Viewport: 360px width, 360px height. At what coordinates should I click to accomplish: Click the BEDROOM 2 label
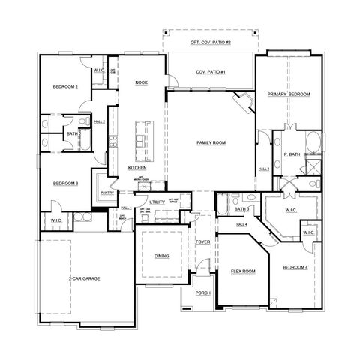point(65,87)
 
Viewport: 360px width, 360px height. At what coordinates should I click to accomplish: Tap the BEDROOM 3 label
point(65,183)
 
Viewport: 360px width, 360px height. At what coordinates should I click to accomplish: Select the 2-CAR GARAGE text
point(85,277)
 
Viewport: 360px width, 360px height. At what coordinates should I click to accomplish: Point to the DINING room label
point(161,256)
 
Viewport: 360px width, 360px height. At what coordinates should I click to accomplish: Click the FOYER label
point(202,242)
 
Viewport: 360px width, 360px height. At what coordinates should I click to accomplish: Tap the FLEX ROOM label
point(243,270)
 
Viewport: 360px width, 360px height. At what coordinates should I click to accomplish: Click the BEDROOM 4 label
point(295,268)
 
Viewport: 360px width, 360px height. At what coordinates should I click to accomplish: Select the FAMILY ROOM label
point(211,142)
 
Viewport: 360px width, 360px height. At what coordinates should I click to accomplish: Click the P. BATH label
point(292,154)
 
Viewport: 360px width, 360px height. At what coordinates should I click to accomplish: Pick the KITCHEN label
point(136,168)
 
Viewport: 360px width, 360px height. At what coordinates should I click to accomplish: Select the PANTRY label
point(107,192)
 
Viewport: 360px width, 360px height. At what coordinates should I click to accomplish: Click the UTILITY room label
point(157,202)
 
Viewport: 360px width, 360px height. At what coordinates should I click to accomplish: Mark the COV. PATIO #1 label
point(211,71)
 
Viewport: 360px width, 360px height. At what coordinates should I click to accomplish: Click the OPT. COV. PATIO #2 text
point(211,43)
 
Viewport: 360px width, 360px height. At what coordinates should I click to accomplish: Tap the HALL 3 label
point(263,169)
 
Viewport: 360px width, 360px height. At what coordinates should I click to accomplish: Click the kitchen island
point(140,139)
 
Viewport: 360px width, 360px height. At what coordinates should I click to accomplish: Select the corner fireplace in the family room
point(244,101)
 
